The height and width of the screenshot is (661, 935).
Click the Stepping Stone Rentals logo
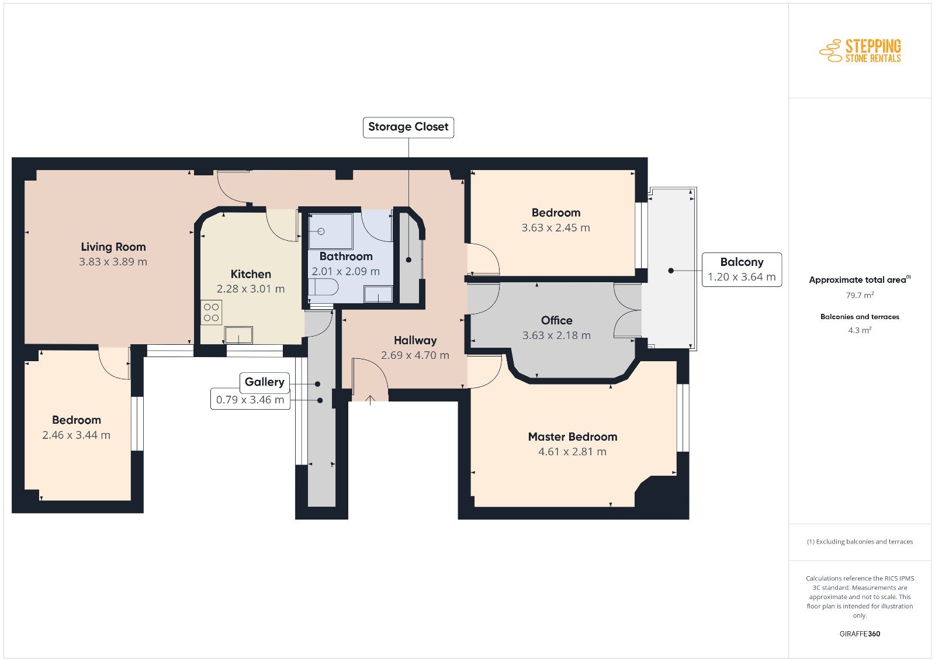[860, 51]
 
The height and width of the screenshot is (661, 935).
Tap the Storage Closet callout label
[408, 127]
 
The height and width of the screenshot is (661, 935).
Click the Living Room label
[113, 247]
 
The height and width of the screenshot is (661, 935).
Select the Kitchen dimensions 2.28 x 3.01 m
[251, 289]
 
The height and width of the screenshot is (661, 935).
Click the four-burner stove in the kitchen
[211, 312]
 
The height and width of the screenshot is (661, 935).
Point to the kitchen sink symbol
[239, 335]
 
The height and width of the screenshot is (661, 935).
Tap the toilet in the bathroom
[323, 287]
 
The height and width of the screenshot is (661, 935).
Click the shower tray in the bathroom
[331, 231]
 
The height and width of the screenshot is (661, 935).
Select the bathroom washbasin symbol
[378, 294]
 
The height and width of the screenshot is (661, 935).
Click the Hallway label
[415, 340]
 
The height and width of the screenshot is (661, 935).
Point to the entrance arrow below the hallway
[370, 400]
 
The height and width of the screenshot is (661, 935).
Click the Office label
[556, 320]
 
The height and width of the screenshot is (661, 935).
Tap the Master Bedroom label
[572, 437]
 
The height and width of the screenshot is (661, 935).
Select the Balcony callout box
[742, 269]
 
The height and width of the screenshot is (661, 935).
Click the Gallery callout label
[265, 382]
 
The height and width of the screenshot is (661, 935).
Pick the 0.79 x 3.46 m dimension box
[250, 400]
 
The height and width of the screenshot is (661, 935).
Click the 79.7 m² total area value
[860, 295]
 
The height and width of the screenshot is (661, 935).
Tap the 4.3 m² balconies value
[860, 330]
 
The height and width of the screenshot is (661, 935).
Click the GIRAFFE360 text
[860, 634]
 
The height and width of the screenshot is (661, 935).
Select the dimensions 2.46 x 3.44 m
[76, 435]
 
